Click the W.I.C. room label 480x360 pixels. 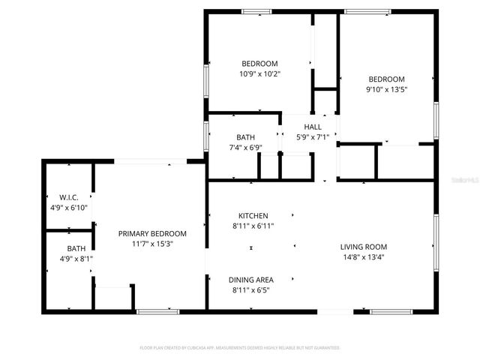pyautogui.click(x=69, y=197)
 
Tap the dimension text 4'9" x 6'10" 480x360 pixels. pyautogui.click(x=69, y=207)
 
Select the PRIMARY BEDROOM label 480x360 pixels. pyautogui.click(x=152, y=233)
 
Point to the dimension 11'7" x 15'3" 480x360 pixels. pyautogui.click(x=152, y=244)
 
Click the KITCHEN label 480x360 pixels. pyautogui.click(x=253, y=215)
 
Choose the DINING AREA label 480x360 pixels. pyautogui.click(x=251, y=279)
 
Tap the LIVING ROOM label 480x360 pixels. pyautogui.click(x=363, y=247)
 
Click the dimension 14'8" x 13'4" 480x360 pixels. pyautogui.click(x=363, y=257)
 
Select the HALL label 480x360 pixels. pyautogui.click(x=313, y=127)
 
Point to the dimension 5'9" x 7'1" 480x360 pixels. pyautogui.click(x=313, y=137)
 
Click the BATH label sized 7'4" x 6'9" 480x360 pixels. pyautogui.click(x=245, y=137)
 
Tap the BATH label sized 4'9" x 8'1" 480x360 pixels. pyautogui.click(x=76, y=248)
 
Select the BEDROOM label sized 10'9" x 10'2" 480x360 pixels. pyautogui.click(x=259, y=64)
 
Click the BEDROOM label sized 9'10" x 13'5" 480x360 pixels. pyautogui.click(x=385, y=79)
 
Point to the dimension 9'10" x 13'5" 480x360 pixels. pyautogui.click(x=385, y=90)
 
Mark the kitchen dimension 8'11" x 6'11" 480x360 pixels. pyautogui.click(x=253, y=226)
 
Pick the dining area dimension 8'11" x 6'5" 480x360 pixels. pyautogui.click(x=251, y=289)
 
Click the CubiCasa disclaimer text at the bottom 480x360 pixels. pyautogui.click(x=240, y=348)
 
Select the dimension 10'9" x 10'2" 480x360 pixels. pyautogui.click(x=259, y=74)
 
